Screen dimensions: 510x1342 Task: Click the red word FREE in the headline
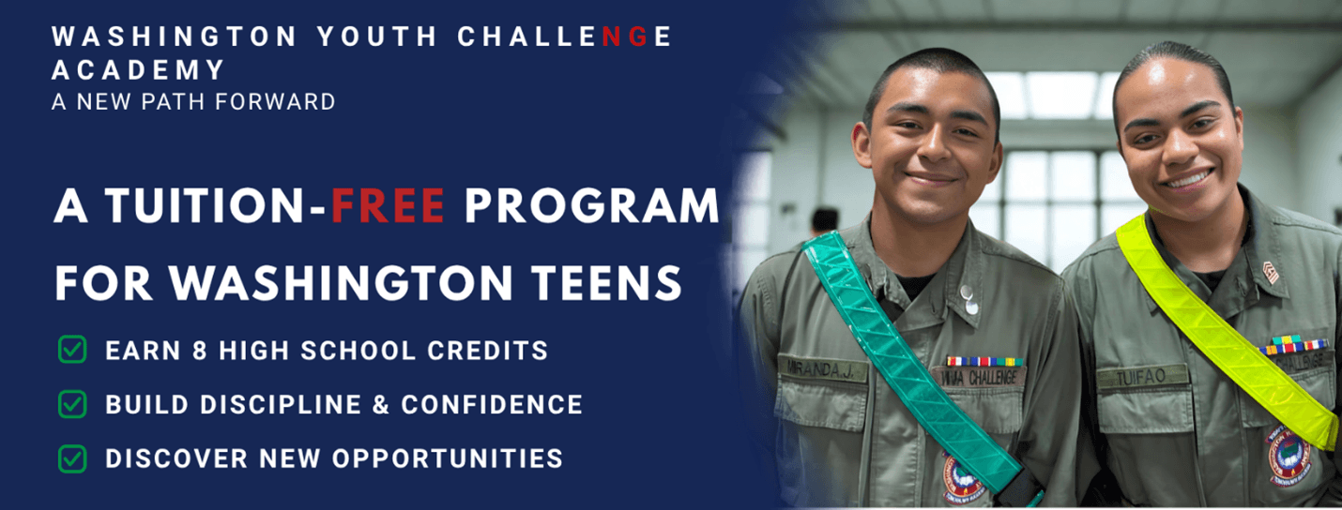(x=388, y=207)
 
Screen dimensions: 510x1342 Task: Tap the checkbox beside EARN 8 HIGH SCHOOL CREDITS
(x=72, y=351)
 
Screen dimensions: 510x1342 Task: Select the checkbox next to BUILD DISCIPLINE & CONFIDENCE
(x=72, y=404)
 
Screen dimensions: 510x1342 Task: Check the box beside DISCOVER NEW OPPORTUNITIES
(x=72, y=458)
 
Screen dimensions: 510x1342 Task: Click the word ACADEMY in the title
(x=139, y=69)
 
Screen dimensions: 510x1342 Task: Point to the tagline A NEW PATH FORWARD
(x=193, y=101)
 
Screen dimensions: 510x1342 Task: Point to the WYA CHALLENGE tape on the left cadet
(x=978, y=377)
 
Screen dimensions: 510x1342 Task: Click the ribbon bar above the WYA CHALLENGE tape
(x=983, y=360)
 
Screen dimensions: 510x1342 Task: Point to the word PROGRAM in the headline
(x=591, y=207)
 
